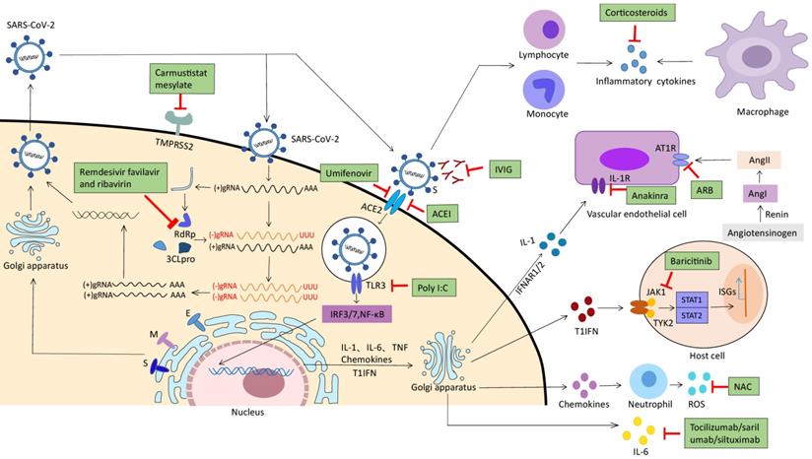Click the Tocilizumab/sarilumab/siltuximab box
click(x=742, y=435)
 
